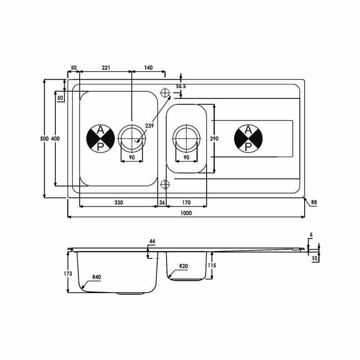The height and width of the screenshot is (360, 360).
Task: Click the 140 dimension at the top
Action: coord(148,68)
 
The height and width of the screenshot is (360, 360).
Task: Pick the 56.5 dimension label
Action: coord(181,86)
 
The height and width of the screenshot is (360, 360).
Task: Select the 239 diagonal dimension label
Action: coord(150,126)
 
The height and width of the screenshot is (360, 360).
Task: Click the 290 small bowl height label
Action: coord(214,139)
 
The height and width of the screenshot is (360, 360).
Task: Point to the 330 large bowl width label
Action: coord(118,203)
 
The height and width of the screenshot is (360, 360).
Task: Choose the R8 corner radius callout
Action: coord(314,202)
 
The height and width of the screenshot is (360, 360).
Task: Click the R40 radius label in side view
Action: coord(96,278)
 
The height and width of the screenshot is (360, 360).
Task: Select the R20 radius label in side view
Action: coord(183,266)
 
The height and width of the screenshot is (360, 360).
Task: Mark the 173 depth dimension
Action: coord(67,273)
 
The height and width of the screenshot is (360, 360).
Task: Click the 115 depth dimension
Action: coord(212,265)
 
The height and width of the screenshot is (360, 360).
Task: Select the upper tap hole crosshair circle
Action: coord(165,93)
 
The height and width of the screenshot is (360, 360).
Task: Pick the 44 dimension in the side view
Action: coord(152,242)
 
